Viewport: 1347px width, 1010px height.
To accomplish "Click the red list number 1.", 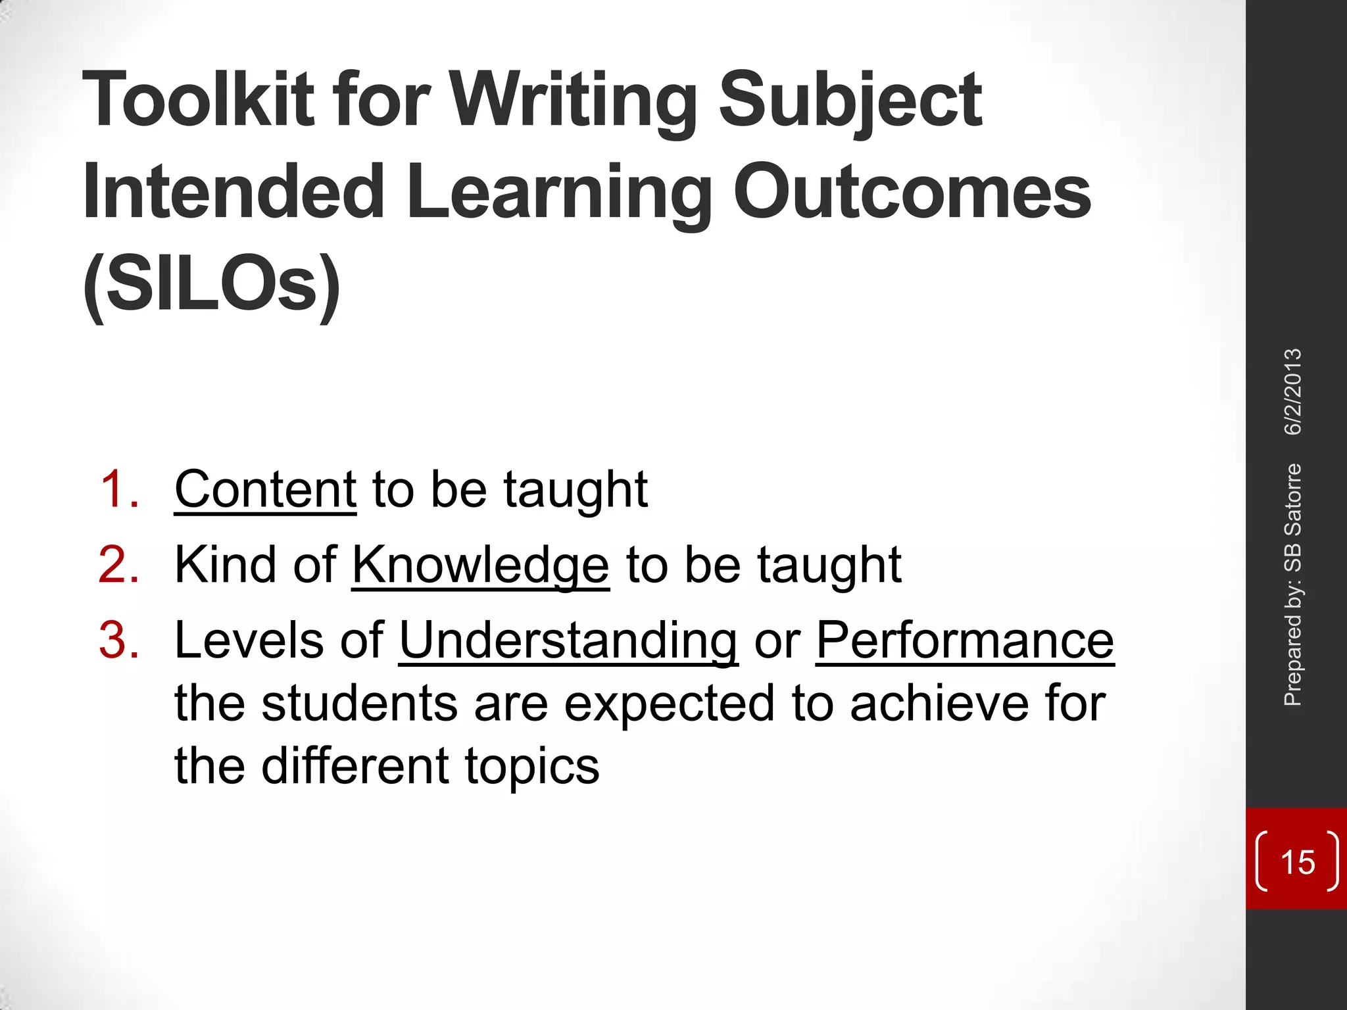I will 119,490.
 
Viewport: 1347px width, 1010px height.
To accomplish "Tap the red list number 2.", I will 119,565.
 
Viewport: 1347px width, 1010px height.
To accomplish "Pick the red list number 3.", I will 119,640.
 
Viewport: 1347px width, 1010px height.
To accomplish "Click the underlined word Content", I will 265,490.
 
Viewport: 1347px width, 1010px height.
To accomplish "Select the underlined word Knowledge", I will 481,565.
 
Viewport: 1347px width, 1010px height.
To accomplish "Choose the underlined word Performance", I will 965,640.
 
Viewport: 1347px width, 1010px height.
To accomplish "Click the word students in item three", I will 359,704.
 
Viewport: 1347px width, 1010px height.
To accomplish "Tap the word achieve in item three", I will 939,704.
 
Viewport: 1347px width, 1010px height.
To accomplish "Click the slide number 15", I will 1298,862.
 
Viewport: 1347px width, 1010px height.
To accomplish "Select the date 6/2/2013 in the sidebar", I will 1293,392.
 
